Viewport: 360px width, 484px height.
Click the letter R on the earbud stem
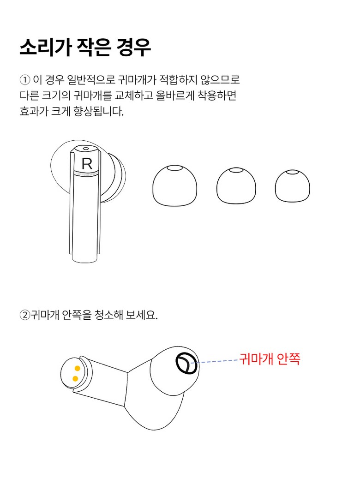[x=87, y=164]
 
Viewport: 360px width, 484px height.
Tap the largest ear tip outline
[x=175, y=185]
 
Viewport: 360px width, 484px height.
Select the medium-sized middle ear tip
[x=236, y=186]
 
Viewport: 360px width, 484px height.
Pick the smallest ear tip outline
[x=292, y=186]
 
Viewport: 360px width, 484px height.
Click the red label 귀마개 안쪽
[x=270, y=359]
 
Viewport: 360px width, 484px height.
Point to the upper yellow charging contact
[x=77, y=369]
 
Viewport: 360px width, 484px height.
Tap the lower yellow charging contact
[x=75, y=379]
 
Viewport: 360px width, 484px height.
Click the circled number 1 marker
[x=25, y=80]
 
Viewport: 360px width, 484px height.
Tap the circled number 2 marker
[x=25, y=315]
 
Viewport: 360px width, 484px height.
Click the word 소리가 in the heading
[x=45, y=48]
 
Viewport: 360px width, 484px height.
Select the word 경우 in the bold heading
[x=133, y=48]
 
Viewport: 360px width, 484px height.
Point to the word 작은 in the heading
[x=94, y=48]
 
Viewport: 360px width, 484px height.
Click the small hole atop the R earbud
[x=85, y=149]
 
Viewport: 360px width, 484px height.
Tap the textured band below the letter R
[x=86, y=173]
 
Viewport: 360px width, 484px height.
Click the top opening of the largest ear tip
[x=175, y=168]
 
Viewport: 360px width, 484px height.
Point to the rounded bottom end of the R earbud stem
[x=85, y=259]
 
